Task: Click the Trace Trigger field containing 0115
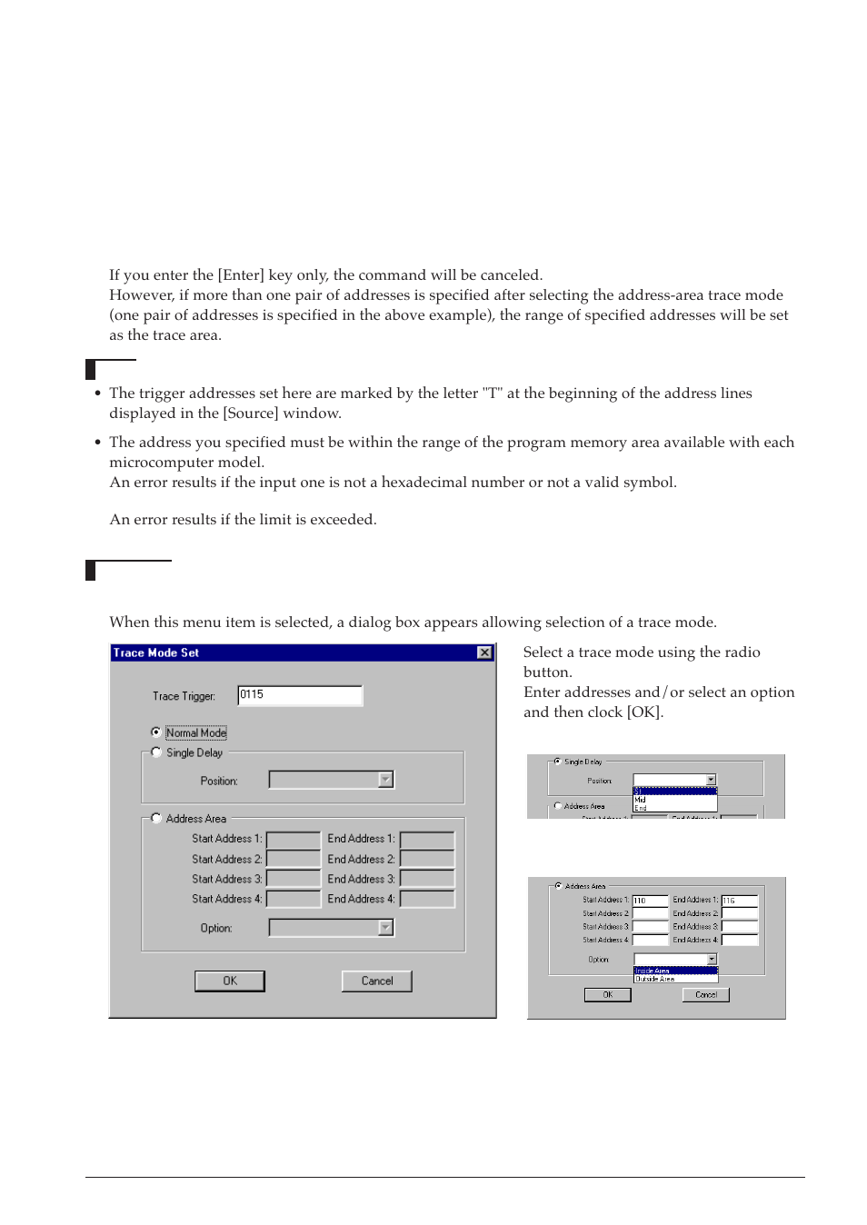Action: point(299,695)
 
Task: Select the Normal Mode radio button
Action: point(156,732)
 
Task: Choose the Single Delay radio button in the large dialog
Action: point(156,752)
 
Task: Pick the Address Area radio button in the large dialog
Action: point(156,818)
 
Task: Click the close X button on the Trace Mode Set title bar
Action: point(484,652)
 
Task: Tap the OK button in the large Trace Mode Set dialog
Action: point(230,981)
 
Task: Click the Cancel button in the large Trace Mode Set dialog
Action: point(376,981)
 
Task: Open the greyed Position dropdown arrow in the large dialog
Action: point(386,780)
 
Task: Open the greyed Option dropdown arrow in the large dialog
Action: point(386,928)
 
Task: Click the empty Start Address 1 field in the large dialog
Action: point(293,839)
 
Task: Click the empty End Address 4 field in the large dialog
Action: point(427,899)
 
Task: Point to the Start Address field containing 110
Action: point(650,901)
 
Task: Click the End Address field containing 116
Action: point(740,901)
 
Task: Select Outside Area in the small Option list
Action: point(655,979)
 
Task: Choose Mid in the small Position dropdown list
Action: point(641,800)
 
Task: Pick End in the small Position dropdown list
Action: point(641,808)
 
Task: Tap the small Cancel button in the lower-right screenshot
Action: point(705,995)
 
